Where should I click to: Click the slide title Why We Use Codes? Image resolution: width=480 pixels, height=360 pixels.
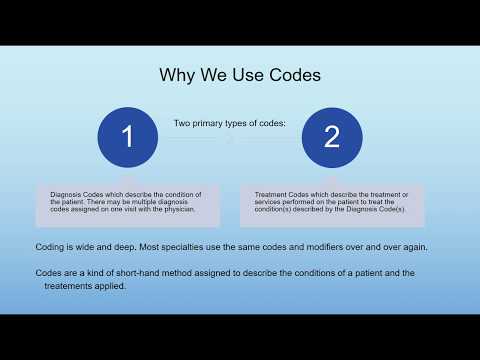click(239, 76)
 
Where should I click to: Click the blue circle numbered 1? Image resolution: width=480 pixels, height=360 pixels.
click(127, 137)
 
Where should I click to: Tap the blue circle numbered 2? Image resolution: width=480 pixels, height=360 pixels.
click(332, 137)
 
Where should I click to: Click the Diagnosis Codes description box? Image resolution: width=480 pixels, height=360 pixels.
click(127, 204)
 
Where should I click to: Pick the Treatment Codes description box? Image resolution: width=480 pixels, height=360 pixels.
click(332, 204)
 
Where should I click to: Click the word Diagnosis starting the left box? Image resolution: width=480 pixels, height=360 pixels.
click(68, 193)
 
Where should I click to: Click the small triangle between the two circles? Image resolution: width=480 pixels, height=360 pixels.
click(229, 140)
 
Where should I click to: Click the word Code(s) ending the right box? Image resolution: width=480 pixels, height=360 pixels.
click(385, 209)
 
